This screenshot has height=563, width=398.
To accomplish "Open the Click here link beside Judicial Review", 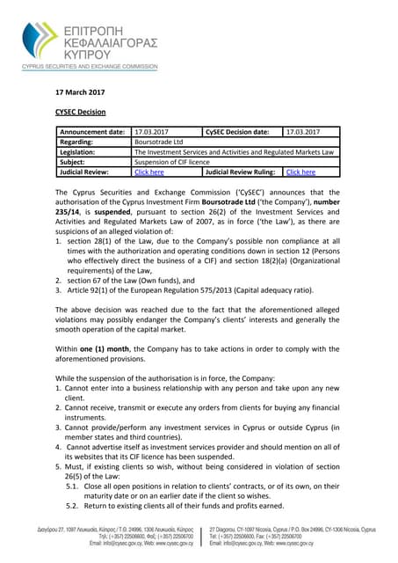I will click(x=148, y=172).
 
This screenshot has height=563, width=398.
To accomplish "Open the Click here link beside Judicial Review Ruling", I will click(x=300, y=172).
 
